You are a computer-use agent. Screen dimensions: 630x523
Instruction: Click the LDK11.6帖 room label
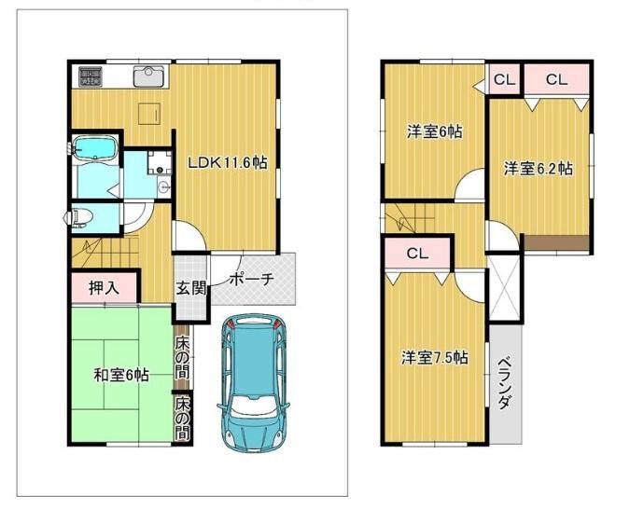click(x=228, y=162)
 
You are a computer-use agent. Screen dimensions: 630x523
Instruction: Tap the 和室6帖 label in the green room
click(x=121, y=376)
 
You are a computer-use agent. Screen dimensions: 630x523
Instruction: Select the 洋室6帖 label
click(x=434, y=131)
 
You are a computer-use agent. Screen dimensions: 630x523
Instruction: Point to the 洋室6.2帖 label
click(x=539, y=169)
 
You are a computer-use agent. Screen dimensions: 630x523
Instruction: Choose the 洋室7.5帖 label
click(x=435, y=357)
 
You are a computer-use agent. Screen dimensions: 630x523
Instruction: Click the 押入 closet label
click(x=104, y=288)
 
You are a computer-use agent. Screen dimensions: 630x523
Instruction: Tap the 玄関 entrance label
click(x=191, y=288)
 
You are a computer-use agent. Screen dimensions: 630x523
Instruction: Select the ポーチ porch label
click(x=251, y=279)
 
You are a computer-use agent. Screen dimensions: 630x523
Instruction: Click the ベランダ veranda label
click(x=505, y=383)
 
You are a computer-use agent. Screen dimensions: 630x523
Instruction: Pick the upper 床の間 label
click(x=182, y=358)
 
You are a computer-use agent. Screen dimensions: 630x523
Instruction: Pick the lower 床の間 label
click(x=182, y=418)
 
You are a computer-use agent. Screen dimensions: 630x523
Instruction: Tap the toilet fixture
click(x=81, y=217)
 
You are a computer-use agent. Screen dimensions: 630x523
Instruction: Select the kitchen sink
click(x=148, y=76)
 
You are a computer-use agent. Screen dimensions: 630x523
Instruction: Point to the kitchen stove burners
click(x=91, y=76)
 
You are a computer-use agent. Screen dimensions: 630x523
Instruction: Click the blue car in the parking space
click(x=254, y=383)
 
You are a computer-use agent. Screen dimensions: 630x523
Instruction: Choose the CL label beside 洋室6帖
click(x=504, y=79)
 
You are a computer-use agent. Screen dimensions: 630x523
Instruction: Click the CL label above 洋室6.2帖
click(x=556, y=79)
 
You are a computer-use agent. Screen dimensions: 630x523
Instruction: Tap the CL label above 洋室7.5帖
click(x=417, y=254)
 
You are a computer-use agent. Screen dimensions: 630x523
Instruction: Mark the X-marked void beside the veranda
click(x=505, y=288)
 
